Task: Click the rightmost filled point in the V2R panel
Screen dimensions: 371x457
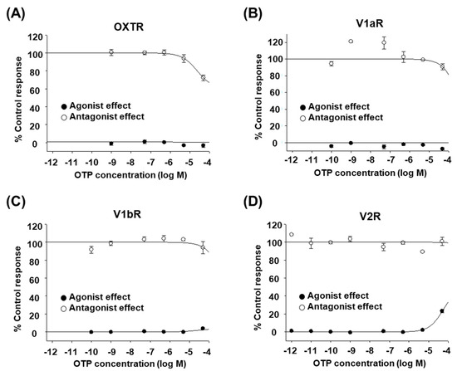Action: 441,311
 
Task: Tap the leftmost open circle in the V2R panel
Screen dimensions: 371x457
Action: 290,234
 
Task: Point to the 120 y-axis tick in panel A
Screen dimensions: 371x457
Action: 35,37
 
